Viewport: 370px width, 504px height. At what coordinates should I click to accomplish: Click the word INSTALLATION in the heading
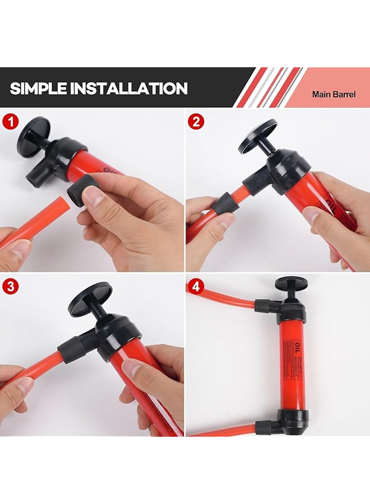click(x=133, y=88)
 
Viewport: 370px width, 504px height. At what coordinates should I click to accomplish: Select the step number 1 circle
click(x=10, y=122)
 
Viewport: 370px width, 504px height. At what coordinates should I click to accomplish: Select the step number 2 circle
click(x=196, y=122)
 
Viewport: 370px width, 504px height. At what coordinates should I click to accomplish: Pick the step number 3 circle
click(x=10, y=287)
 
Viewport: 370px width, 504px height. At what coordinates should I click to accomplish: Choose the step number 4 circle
click(x=196, y=287)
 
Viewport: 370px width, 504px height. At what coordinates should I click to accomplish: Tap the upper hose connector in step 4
click(x=266, y=306)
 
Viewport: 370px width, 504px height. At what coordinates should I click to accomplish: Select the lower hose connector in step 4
click(x=267, y=427)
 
